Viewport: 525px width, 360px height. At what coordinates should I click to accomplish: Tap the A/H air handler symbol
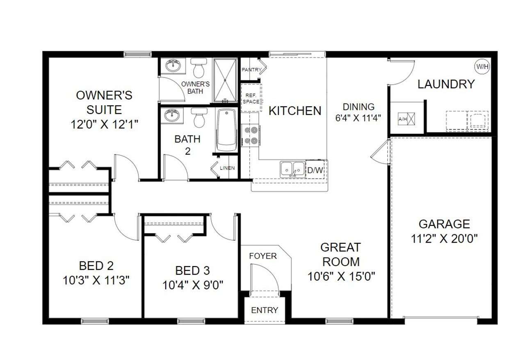(406, 119)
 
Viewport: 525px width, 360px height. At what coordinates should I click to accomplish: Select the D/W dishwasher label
(315, 170)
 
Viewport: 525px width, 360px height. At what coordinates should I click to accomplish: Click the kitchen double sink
(292, 169)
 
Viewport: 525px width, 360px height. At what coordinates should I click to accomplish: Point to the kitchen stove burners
(251, 135)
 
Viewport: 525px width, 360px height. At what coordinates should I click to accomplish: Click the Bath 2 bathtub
(226, 130)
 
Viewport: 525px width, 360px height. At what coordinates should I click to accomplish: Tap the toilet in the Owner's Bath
(199, 68)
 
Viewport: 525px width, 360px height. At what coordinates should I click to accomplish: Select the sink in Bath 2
(172, 115)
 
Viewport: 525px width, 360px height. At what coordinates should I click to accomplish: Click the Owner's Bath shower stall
(225, 80)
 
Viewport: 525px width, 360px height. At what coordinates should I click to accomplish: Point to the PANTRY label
(251, 70)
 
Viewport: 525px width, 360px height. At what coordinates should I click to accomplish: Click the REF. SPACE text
(251, 99)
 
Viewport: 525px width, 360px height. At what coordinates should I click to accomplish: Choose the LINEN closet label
(227, 168)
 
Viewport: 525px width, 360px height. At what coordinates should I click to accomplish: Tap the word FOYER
(263, 256)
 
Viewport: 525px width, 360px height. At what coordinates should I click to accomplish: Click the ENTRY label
(265, 310)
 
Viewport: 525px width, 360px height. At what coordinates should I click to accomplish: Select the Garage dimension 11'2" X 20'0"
(444, 239)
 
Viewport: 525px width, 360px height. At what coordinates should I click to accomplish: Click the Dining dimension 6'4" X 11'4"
(358, 118)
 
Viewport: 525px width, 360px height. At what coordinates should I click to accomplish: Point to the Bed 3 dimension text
(193, 285)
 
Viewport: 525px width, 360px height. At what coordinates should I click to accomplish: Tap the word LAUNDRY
(446, 84)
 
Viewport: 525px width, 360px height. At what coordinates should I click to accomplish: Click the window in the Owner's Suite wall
(137, 55)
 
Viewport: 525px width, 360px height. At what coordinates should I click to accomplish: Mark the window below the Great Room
(339, 321)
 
